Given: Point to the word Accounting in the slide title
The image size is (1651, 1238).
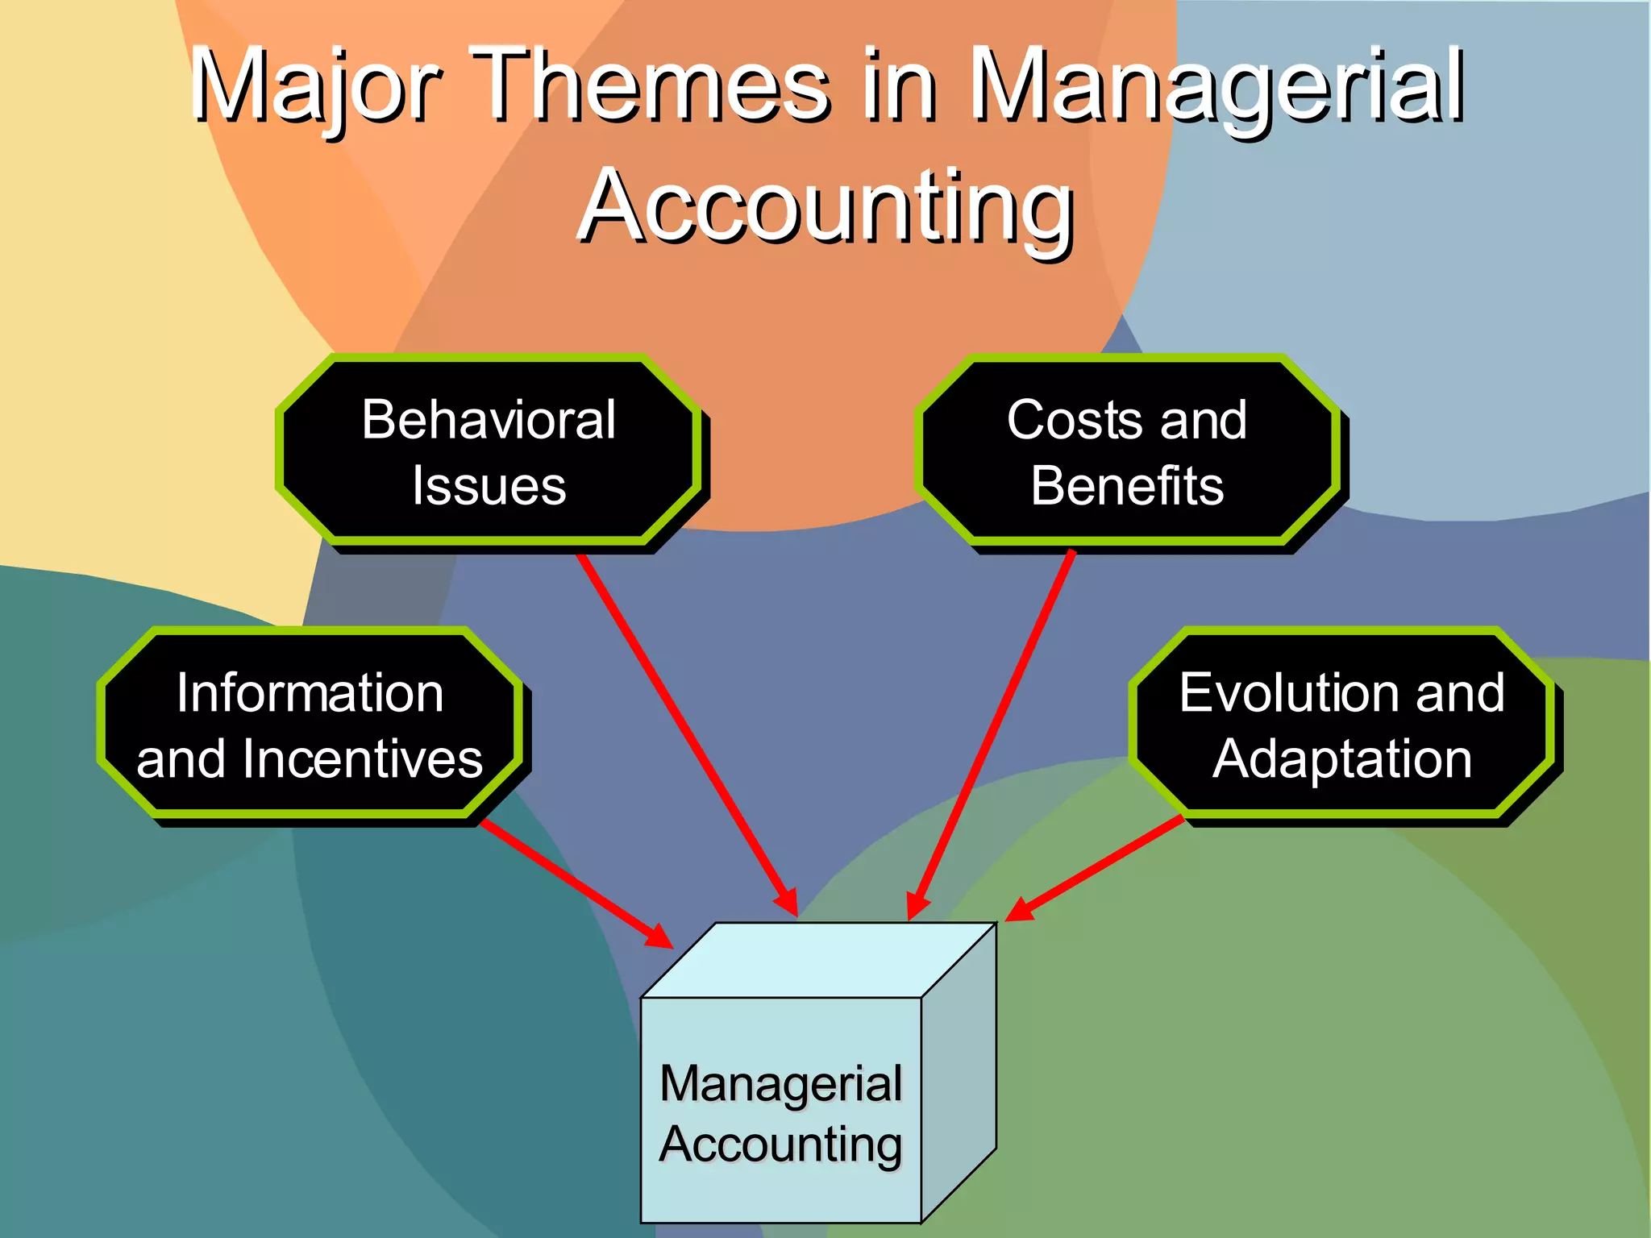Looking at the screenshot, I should coord(825,206).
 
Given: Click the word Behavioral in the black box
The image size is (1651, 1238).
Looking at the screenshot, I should coord(489,420).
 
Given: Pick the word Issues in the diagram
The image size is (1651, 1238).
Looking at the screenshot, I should coord(489,486).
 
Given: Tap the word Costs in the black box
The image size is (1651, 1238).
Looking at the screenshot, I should coord(1072,420).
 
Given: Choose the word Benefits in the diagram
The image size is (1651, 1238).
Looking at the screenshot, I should coord(1127,486).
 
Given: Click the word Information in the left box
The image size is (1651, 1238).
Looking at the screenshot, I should coord(310,693).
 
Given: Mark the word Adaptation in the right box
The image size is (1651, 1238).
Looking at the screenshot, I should coord(1342,759).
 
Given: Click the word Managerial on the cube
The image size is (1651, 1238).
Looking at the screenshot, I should coord(780,1083).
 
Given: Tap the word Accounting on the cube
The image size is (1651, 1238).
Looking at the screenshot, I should coord(780,1145).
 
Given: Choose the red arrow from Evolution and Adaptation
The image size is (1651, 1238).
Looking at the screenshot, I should coord(1096,867).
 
